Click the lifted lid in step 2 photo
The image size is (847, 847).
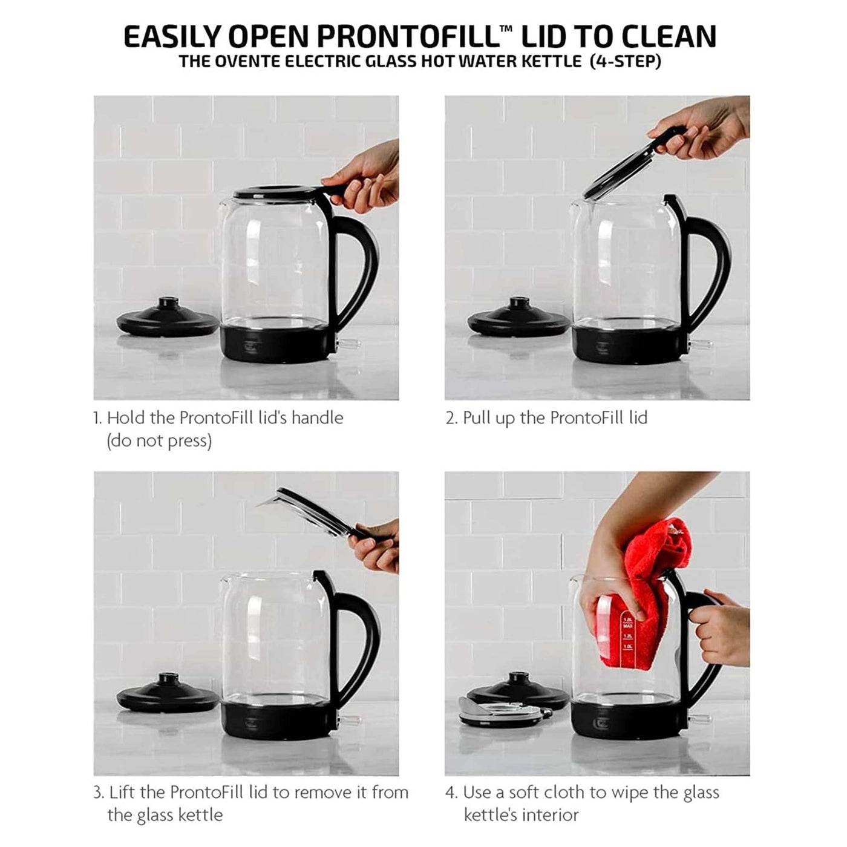coord(633,163)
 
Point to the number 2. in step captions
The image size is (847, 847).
coord(451,418)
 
